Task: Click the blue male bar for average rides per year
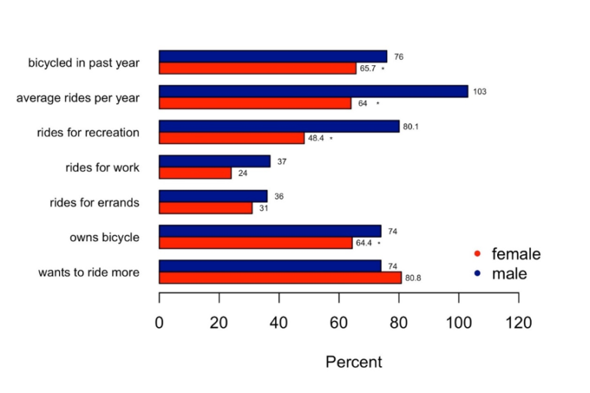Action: click(313, 91)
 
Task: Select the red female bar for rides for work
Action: click(195, 173)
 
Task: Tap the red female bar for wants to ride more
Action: click(280, 278)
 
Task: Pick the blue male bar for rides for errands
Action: click(213, 196)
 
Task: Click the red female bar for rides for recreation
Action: click(231, 138)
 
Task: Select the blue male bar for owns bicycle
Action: click(270, 231)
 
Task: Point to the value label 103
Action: click(479, 92)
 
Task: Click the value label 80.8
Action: click(414, 279)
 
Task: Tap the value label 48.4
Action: click(316, 139)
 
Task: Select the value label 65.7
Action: click(368, 69)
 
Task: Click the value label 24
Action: click(243, 174)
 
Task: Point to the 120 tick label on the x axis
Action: click(519, 323)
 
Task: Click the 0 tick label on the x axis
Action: click(159, 323)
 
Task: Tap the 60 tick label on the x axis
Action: click(339, 323)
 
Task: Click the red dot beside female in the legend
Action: click(477, 254)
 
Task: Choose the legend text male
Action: click(509, 273)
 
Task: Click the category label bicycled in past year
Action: click(84, 63)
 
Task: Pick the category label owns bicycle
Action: click(104, 237)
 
